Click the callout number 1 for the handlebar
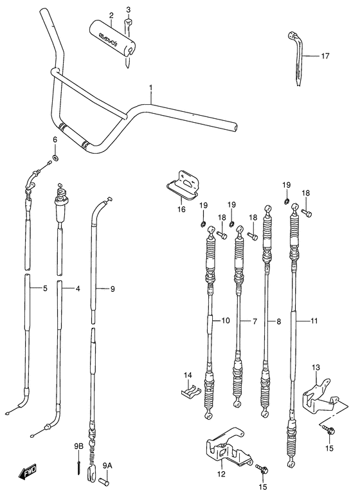point(150,86)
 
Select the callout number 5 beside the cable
point(44,289)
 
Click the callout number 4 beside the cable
point(78,289)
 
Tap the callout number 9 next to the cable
point(112,289)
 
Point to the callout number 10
point(225,319)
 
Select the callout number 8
point(278,319)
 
